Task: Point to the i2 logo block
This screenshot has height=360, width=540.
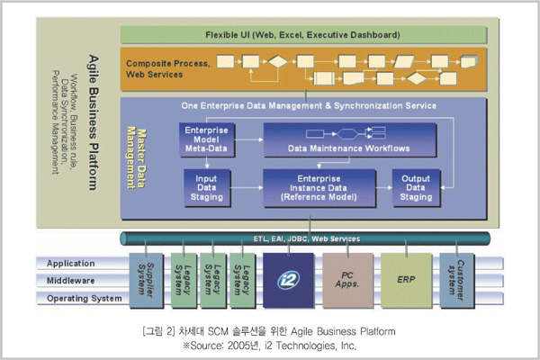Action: [x=289, y=280]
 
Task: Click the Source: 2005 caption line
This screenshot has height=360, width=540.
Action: [x=270, y=346]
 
